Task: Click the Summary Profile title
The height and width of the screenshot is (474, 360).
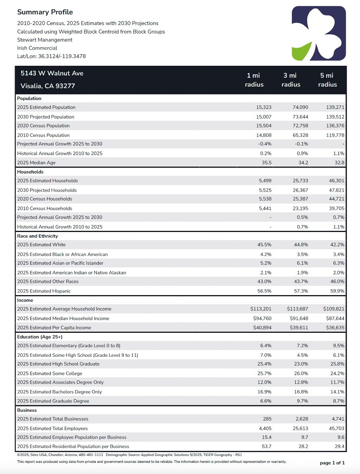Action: point(45,12)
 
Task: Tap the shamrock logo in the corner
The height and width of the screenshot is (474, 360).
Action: point(319,33)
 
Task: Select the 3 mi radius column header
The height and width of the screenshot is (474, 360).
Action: point(291,80)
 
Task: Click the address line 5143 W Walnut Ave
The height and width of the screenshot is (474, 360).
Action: point(52,73)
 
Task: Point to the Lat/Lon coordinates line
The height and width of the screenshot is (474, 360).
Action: point(52,56)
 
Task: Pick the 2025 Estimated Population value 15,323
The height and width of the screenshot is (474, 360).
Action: point(264,107)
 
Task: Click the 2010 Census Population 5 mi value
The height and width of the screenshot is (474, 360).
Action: point(335,135)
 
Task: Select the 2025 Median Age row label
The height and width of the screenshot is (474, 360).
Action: point(36,163)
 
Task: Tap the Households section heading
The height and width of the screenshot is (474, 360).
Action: point(30,172)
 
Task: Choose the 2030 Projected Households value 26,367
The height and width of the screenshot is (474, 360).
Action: point(300,190)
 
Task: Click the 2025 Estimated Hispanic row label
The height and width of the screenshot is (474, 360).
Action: point(44,291)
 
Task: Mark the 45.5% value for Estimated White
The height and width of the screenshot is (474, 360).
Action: point(264,245)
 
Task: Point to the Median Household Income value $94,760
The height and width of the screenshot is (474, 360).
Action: point(262,318)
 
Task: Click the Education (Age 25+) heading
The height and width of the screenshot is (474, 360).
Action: point(40,337)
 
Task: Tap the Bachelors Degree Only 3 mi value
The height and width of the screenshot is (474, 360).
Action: point(301,392)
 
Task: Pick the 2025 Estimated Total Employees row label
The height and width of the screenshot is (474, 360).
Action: point(52,429)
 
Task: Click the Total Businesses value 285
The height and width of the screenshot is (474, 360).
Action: point(267,419)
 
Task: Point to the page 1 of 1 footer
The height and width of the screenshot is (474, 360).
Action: point(332,463)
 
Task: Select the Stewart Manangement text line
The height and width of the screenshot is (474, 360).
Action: point(45,40)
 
